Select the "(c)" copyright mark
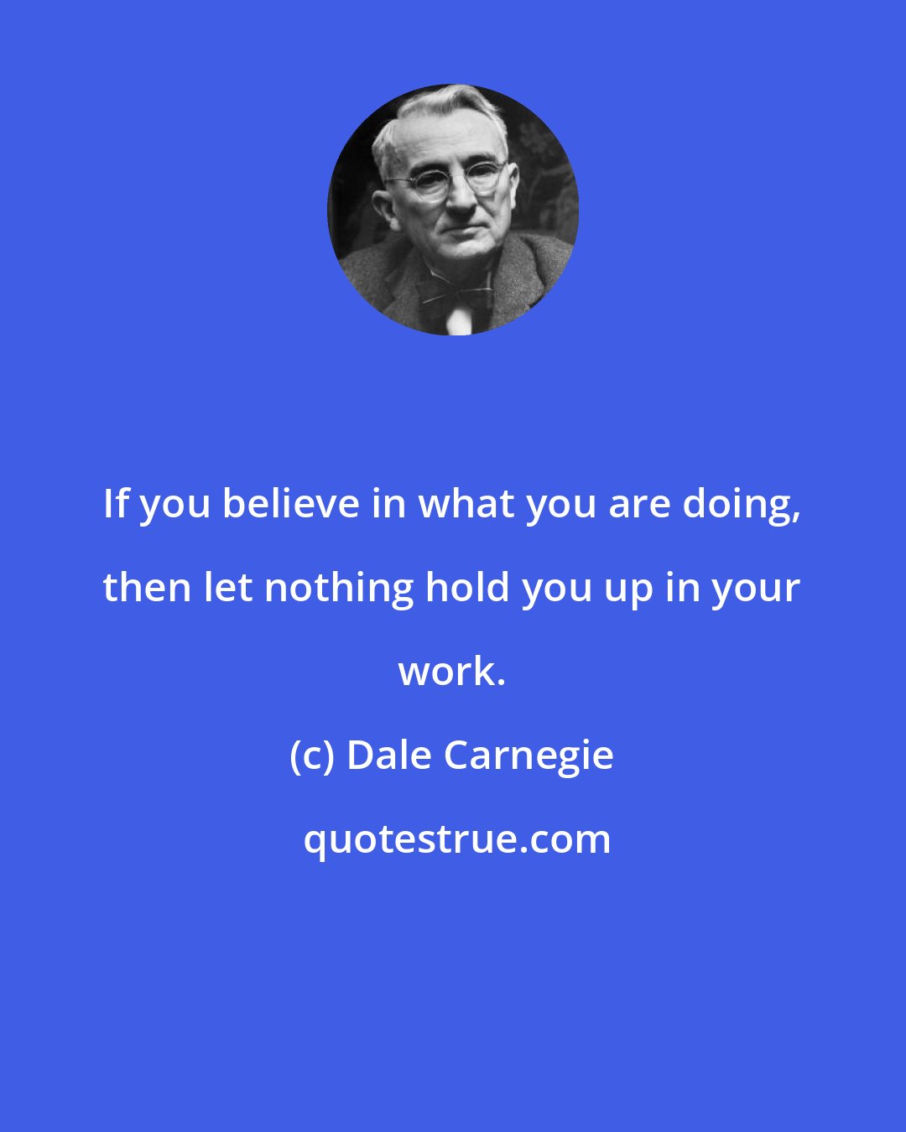coord(312,756)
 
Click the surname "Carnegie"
coord(528,757)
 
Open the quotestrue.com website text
coord(457,839)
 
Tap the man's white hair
coord(436,117)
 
